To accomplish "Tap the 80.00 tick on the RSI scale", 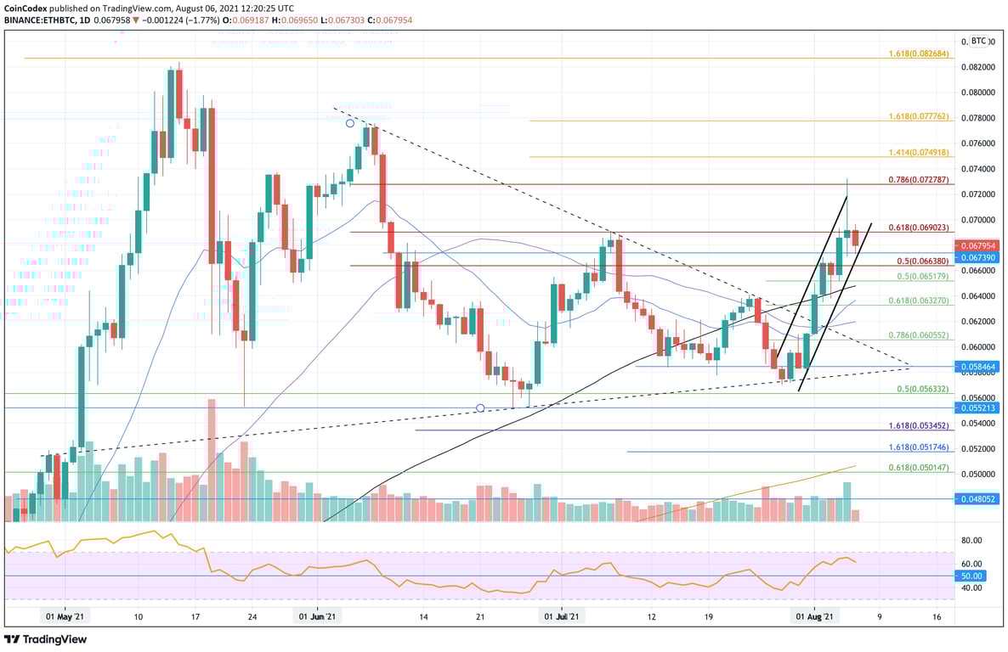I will coord(971,540).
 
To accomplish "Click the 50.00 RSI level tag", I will coord(971,576).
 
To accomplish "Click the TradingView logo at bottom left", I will coord(46,639).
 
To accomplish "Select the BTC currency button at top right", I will coord(978,41).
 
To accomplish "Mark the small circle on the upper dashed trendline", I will coord(349,123).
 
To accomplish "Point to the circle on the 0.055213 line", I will coord(480,408).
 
